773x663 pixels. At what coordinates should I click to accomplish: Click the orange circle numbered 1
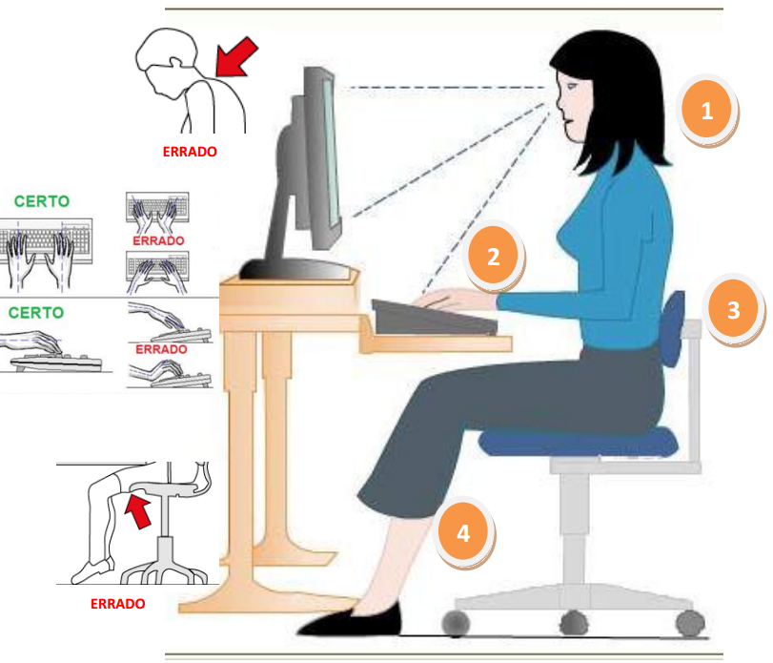[x=706, y=110]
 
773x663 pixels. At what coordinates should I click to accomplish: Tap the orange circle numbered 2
[x=493, y=256]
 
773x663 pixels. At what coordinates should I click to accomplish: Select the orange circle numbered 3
[x=733, y=309]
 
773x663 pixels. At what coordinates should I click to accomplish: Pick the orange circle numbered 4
[x=463, y=532]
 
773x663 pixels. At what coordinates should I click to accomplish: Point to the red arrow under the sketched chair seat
[x=138, y=511]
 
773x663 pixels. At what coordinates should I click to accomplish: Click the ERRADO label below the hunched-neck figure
[x=190, y=152]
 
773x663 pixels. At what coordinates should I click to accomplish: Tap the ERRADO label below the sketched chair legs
[x=118, y=603]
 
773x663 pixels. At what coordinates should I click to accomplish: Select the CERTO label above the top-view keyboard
[x=42, y=201]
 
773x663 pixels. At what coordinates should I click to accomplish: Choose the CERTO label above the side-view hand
[x=36, y=312]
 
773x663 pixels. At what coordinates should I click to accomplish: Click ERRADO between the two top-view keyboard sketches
[x=158, y=240]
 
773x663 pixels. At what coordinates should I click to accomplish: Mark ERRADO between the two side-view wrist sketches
[x=161, y=349]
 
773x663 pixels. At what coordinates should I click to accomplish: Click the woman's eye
[x=571, y=86]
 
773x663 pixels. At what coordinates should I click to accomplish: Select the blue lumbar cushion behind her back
[x=672, y=328]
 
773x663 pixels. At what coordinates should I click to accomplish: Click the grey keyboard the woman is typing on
[x=433, y=319]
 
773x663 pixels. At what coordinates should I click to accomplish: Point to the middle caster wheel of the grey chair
[x=575, y=623]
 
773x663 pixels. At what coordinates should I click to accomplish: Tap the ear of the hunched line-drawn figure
[x=176, y=63]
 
